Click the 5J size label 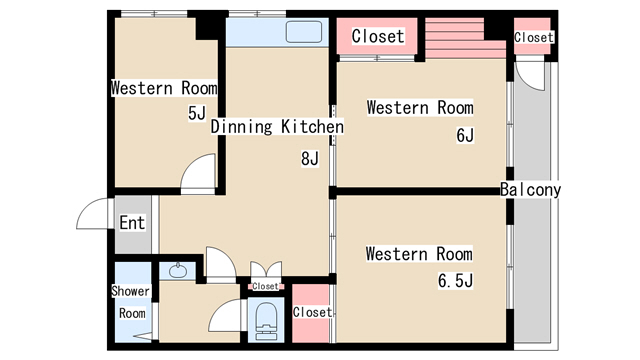tap(197, 113)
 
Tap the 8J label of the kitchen tap(310, 158)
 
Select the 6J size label tap(465, 135)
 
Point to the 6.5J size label tap(455, 281)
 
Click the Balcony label tap(530, 190)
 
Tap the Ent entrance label tap(132, 223)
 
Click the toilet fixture tap(266, 321)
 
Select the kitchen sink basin tap(304, 32)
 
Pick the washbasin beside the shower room tap(178, 271)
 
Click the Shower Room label tap(131, 302)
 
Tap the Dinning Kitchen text tap(277, 127)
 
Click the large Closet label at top tap(378, 36)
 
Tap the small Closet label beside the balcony tap(534, 38)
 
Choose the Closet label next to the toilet tap(312, 312)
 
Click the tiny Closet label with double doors tap(265, 286)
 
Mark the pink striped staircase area tap(465, 38)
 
